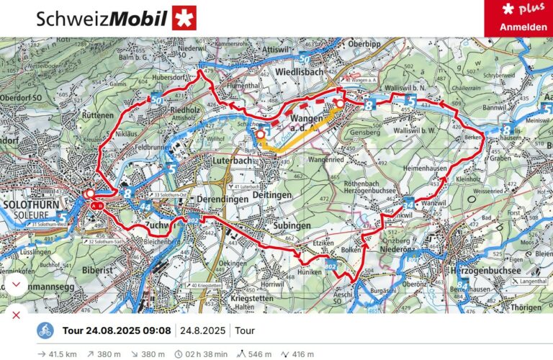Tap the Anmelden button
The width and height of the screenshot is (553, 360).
coord(519,27)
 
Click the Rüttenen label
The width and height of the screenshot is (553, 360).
coord(99,114)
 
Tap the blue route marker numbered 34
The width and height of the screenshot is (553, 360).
coord(409,204)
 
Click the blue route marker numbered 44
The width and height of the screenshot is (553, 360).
coord(147,207)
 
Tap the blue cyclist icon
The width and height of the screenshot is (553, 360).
coord(45,331)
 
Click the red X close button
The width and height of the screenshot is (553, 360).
coord(16,315)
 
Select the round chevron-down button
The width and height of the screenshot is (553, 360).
coord(15,284)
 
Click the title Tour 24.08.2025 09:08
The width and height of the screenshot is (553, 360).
coord(117,331)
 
